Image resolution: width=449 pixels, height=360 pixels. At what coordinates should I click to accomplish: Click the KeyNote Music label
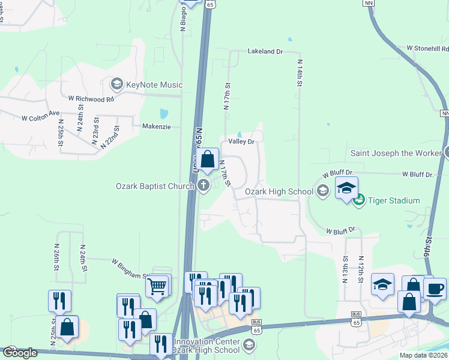coord(154,85)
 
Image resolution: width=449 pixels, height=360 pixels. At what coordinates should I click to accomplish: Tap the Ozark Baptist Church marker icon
coord(203,186)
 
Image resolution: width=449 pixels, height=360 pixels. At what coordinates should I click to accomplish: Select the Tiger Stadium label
coord(394,200)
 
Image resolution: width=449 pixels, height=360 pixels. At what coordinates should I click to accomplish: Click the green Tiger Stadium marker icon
coord(360,200)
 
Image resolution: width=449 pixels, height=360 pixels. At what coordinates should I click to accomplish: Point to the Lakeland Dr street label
coord(265,52)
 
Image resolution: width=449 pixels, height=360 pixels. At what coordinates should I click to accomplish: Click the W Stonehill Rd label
coord(427,48)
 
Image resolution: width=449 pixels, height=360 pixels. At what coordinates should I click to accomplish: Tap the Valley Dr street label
coord(242,142)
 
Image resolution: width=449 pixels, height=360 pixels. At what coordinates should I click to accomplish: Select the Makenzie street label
coord(157,127)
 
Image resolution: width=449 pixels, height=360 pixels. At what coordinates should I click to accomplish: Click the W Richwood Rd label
coord(91,99)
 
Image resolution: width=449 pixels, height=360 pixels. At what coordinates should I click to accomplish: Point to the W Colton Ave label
coord(41,119)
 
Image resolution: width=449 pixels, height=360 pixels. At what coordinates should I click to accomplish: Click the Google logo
coord(20,353)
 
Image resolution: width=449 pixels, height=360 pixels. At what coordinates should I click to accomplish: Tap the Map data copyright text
coord(424,355)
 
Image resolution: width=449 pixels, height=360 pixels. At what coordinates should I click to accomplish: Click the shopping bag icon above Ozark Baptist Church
coord(208,160)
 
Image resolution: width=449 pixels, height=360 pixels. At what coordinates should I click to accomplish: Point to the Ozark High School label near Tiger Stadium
coord(279,192)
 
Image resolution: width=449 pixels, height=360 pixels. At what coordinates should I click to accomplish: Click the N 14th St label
coord(298,72)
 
